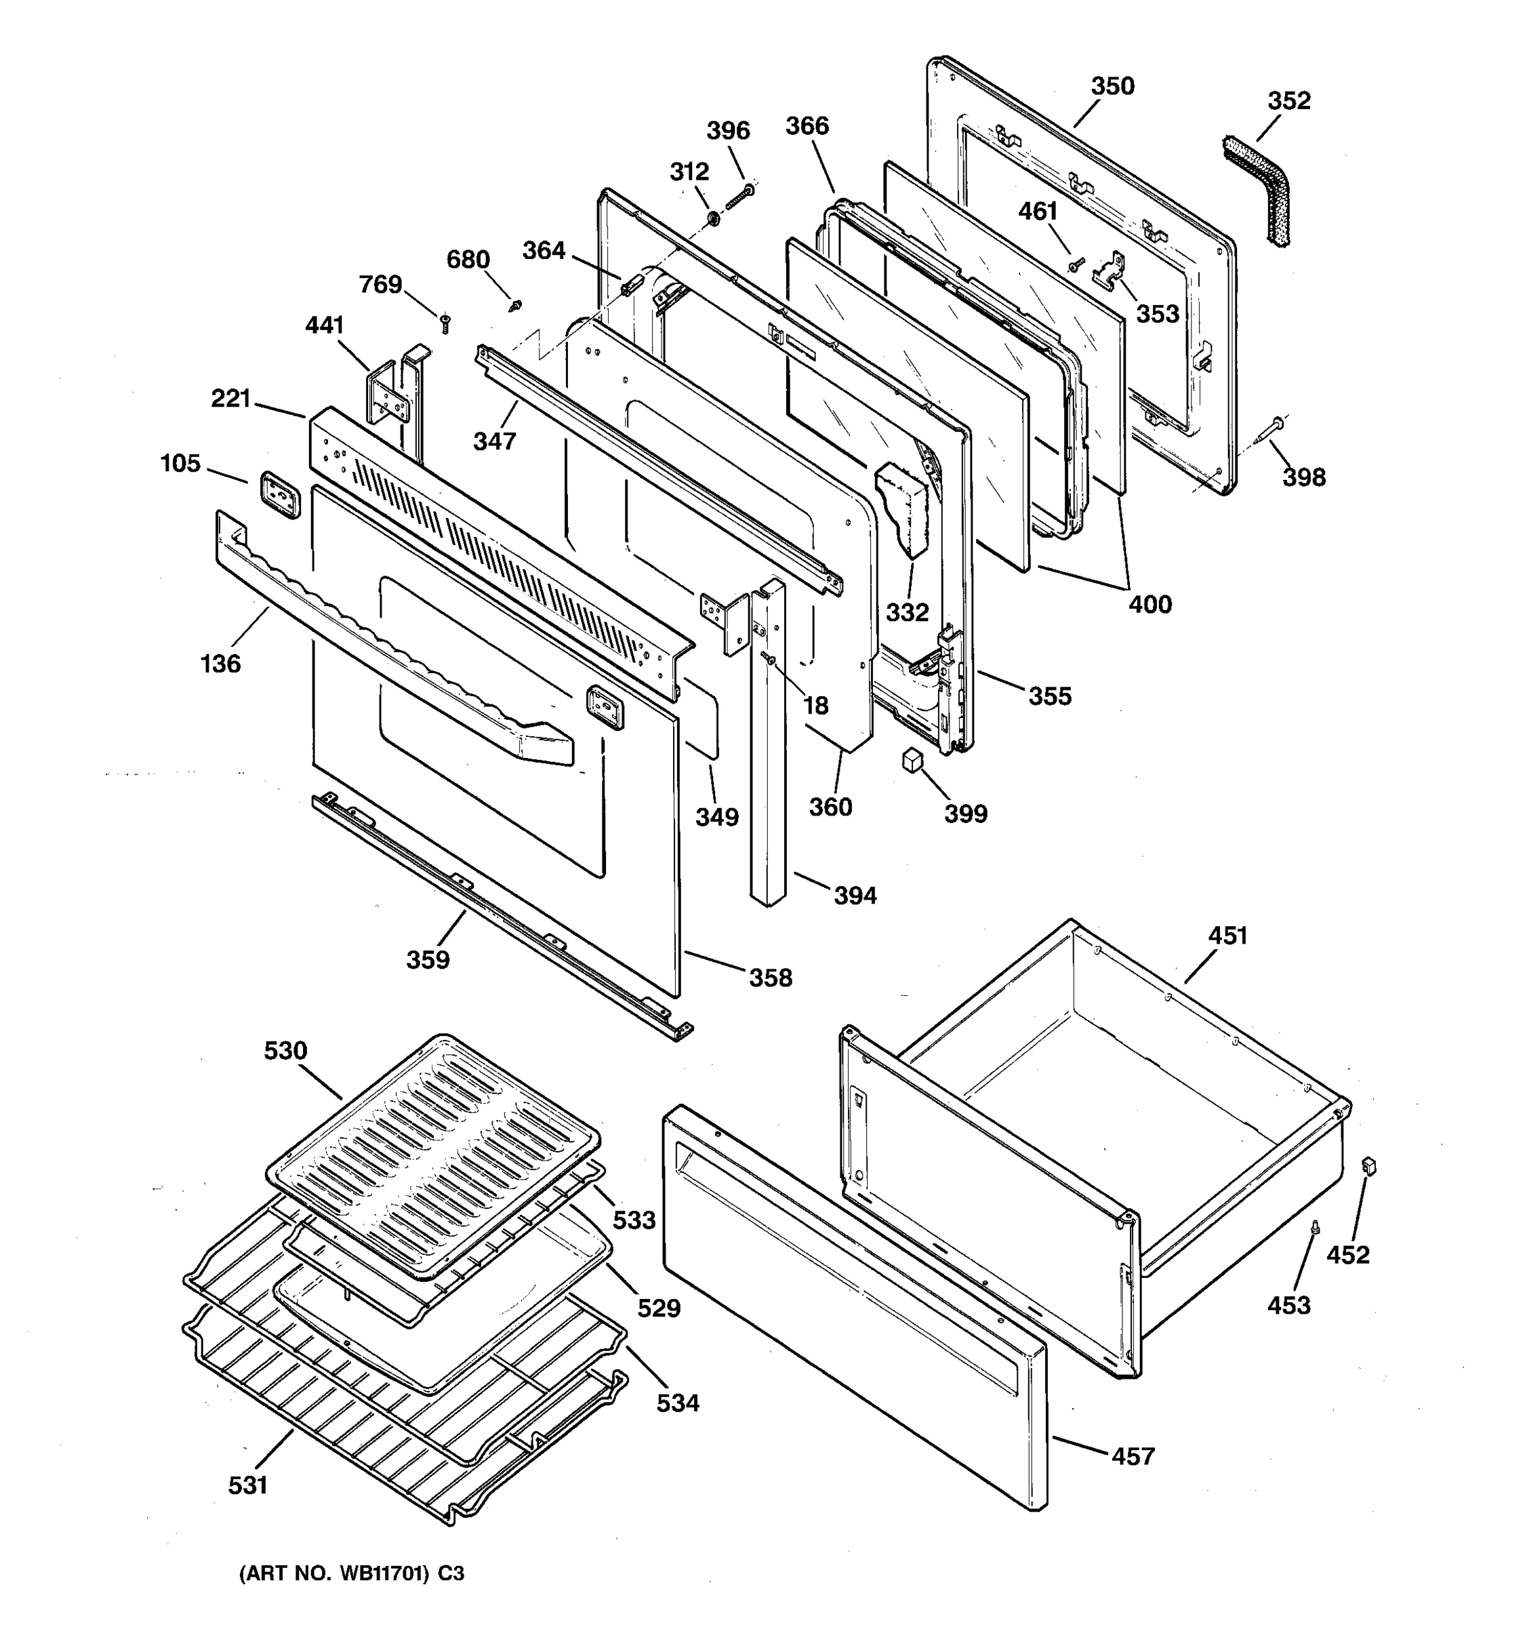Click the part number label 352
point(1288,100)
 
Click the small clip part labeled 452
point(1367,1165)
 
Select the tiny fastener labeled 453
point(1315,1249)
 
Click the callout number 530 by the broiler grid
point(285,1050)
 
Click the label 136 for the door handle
point(220,664)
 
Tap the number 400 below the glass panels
point(1150,604)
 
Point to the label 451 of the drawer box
point(1227,936)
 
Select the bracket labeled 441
point(388,397)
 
